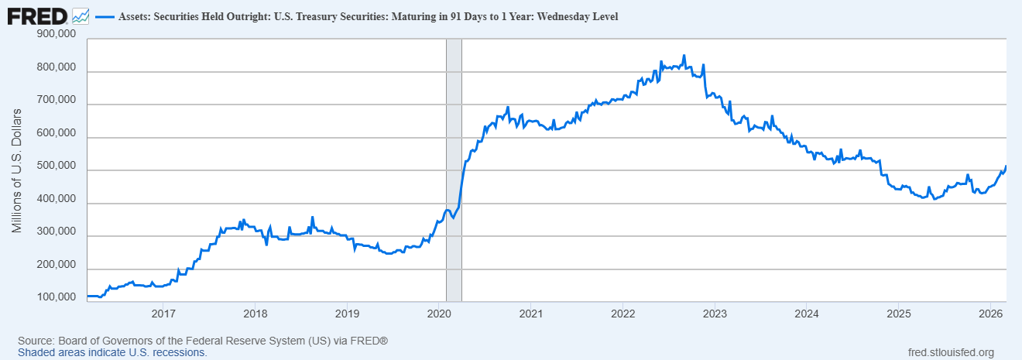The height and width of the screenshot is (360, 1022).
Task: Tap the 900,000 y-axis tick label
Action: [57, 34]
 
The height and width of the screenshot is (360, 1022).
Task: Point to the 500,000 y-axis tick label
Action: [57, 166]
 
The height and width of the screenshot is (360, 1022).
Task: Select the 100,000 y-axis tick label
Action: [57, 297]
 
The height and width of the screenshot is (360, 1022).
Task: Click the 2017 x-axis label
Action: [163, 314]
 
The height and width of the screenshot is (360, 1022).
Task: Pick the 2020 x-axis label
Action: [439, 314]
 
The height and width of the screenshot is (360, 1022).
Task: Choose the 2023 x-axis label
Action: [715, 314]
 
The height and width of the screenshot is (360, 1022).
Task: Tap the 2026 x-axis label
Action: [990, 314]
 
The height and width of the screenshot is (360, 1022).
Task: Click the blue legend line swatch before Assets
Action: [104, 15]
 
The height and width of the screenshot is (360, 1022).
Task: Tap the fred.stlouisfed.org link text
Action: [950, 352]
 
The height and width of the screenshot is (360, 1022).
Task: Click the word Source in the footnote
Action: [36, 341]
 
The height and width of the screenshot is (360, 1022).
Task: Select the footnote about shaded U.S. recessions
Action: [112, 352]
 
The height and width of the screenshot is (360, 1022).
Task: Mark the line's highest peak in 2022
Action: [684, 56]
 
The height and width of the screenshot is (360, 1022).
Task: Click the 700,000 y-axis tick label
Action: [57, 100]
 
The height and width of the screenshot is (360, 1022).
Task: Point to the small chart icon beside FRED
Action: [80, 15]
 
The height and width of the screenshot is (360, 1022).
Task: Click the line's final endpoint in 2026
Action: [1006, 166]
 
